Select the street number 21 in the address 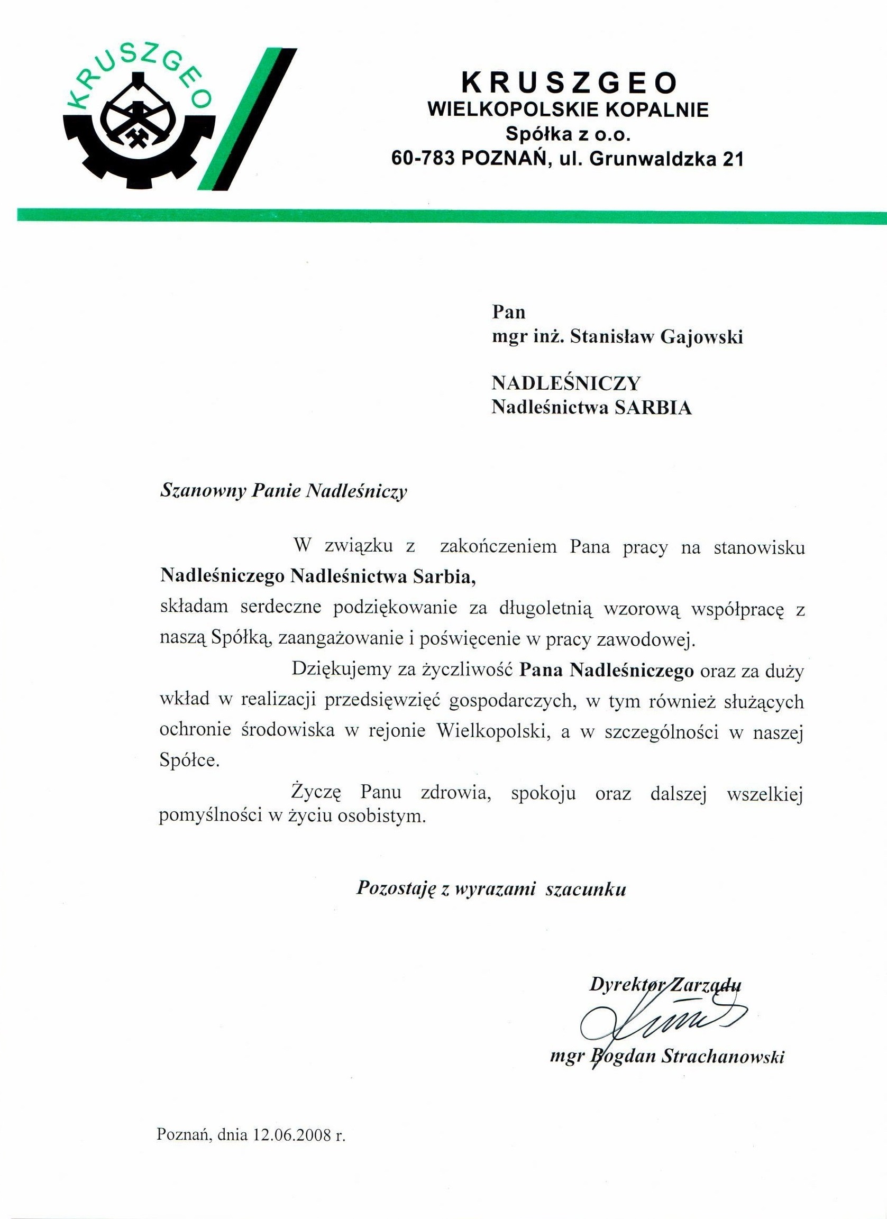point(731,160)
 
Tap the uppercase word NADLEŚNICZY point(566,383)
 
